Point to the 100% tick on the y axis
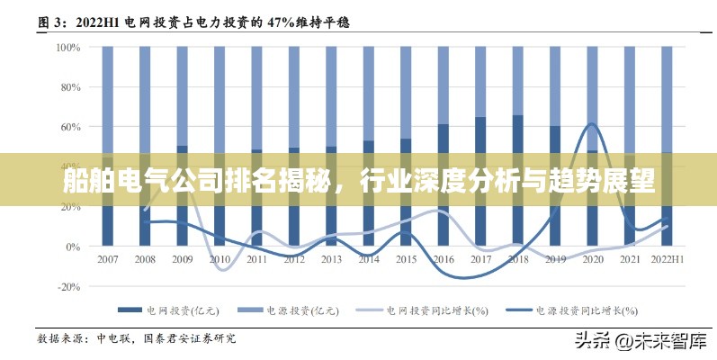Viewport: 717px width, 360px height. (x=68, y=47)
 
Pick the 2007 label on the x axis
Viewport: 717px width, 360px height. (x=108, y=259)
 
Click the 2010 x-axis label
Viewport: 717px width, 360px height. (x=220, y=259)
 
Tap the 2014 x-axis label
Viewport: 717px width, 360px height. (x=368, y=259)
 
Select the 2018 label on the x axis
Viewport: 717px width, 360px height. (x=517, y=259)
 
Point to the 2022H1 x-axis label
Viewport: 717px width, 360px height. (x=667, y=259)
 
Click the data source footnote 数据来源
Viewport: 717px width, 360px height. (x=135, y=338)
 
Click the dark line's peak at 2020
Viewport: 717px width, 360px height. (x=592, y=124)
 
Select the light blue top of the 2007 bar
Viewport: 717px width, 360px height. (x=108, y=99)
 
